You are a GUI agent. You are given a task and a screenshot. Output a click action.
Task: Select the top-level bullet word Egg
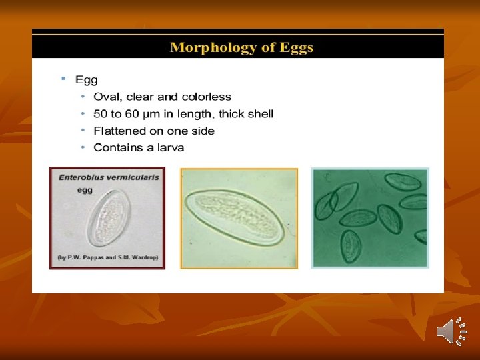click(87, 80)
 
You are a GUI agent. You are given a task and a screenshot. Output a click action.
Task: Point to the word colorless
click(206, 97)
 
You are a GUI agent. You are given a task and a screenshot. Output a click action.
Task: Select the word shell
click(259, 114)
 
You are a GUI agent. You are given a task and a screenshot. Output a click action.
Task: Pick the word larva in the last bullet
click(169, 148)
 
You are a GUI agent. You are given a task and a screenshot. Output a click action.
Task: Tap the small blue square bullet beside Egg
click(63, 79)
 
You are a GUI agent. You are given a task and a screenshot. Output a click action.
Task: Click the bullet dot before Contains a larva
click(83, 147)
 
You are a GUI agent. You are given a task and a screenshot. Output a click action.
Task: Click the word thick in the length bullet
click(229, 114)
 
